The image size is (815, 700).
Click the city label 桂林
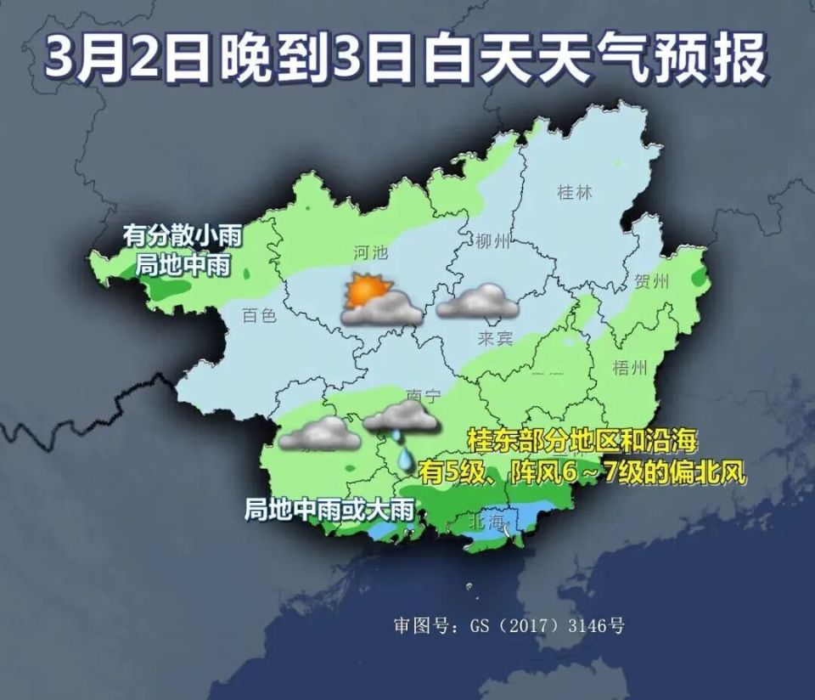[x=575, y=192]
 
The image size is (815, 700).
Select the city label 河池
[x=370, y=252]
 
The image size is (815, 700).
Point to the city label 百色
[x=260, y=316]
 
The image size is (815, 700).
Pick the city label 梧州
[x=630, y=367]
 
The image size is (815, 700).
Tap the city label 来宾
[x=495, y=338]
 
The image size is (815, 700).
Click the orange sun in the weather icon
[x=366, y=291]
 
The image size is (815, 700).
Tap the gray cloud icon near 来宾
[x=478, y=302]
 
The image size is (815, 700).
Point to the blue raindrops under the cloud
[x=402, y=451]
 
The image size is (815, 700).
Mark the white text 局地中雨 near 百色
[x=183, y=264]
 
